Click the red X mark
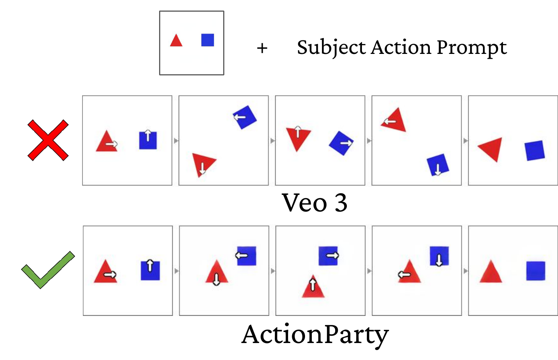coord(48,140)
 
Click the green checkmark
coord(48,270)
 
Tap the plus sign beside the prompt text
coord(262,48)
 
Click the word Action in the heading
coord(401,47)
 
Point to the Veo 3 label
coord(314,203)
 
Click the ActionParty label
coord(315,334)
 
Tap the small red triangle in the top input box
coord(176,41)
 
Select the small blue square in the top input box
coord(208,40)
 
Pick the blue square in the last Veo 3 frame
coord(535,150)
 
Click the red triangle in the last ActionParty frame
coord(491,273)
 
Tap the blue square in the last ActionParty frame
coord(535,271)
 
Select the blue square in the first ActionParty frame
coord(150,270)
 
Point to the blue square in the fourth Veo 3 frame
coord(438,165)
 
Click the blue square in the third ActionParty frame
coord(328,256)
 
